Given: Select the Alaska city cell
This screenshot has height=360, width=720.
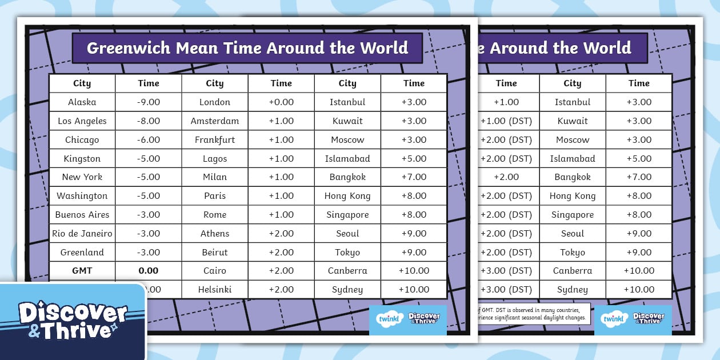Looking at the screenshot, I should coord(82,102).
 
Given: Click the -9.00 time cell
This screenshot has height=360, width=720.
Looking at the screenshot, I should coord(149,102).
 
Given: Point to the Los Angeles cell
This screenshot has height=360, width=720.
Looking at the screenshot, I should coord(82,121).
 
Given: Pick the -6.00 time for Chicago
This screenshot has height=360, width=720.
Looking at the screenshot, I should coord(149,140).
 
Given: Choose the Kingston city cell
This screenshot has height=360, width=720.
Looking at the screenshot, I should coord(82,159).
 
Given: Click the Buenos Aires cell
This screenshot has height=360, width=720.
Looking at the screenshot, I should coord(82,215).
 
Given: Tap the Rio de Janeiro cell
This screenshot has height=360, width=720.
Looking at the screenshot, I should coord(82,234).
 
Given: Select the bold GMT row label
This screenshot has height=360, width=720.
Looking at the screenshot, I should coord(82,271).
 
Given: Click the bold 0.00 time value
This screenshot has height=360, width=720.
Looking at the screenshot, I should coord(149,271).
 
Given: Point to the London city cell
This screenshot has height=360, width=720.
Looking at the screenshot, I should coord(215,102).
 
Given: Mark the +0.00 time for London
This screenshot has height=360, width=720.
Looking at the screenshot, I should coord(281,102).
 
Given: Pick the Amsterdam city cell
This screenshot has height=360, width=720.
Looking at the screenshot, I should coord(215,121).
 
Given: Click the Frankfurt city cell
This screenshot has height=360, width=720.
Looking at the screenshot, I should coord(215,140).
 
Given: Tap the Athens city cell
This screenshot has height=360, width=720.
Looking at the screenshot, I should coord(215,234).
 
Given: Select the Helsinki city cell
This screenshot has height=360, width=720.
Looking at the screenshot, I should coord(215,290).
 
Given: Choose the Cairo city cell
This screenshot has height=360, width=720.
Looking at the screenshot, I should coord(215,271).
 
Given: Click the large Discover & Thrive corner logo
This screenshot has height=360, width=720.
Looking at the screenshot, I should coord(73,321).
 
